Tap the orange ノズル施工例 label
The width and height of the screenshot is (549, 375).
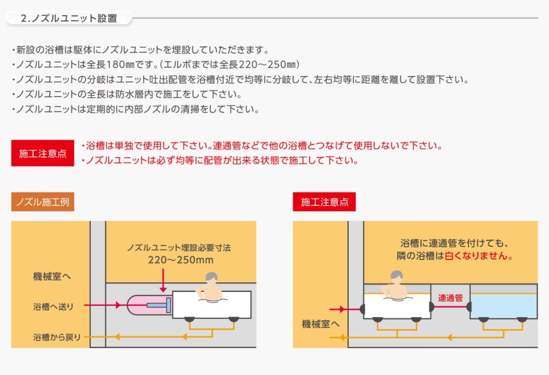click(x=42, y=202)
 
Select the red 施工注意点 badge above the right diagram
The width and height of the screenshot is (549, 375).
click(x=324, y=202)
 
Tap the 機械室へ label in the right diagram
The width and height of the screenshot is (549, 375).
click(x=321, y=324)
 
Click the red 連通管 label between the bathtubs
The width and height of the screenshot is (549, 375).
click(x=450, y=297)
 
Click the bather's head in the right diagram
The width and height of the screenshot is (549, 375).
click(x=395, y=276)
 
